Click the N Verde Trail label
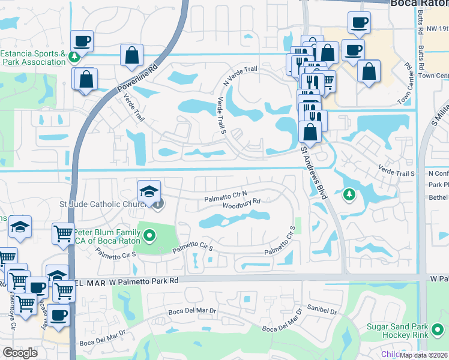(x=240, y=76)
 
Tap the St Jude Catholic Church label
(x=103, y=205)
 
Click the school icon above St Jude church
(x=149, y=191)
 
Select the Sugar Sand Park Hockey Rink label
(x=405, y=331)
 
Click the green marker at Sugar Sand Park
(x=439, y=329)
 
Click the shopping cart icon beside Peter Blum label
(x=62, y=235)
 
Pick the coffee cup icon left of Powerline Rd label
(x=82, y=41)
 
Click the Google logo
(x=20, y=353)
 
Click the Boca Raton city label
(x=419, y=4)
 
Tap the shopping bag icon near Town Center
(x=369, y=71)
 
